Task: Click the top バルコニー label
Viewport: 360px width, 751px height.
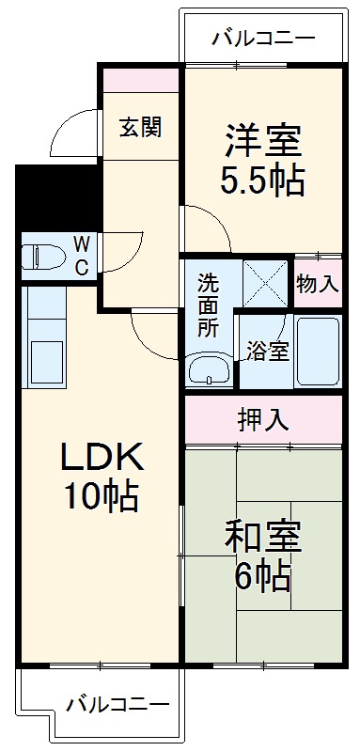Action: [x=262, y=39]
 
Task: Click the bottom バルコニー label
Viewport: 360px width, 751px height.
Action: [x=117, y=704]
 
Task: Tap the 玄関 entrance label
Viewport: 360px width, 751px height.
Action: [x=139, y=126]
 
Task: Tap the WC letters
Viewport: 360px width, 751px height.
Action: [x=81, y=256]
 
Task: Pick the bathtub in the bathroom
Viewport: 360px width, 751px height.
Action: [x=316, y=352]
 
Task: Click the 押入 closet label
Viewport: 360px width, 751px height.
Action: [x=262, y=420]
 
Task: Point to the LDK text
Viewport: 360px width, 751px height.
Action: [x=102, y=458]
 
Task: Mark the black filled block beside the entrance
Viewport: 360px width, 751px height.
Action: [x=56, y=197]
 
